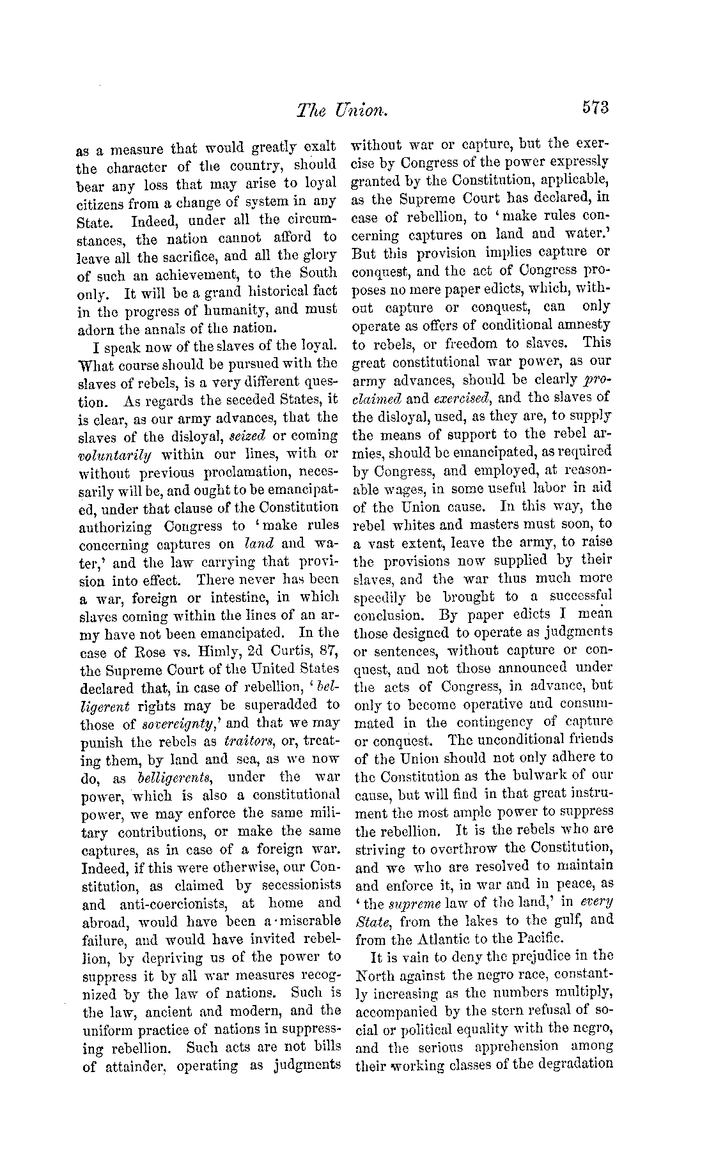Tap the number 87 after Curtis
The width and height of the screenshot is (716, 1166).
[329, 652]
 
